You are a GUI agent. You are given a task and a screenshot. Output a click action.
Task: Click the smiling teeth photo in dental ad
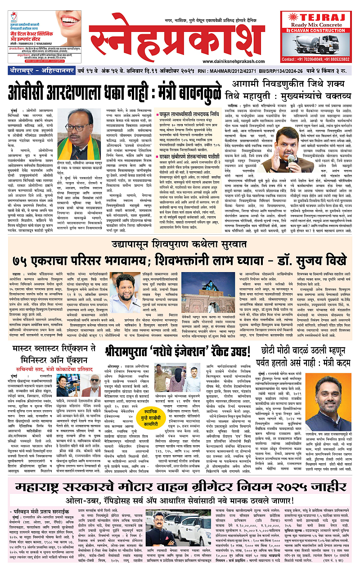65,20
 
